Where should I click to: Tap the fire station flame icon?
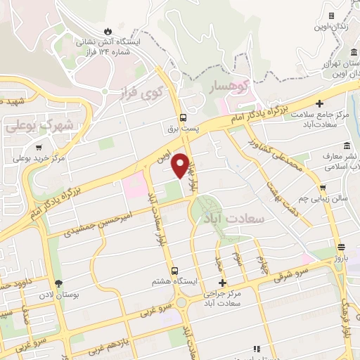pyautogui.click(x=107, y=31)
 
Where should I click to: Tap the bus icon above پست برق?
pyautogui.click(x=183, y=117)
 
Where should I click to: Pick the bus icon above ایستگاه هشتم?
pyautogui.click(x=174, y=270)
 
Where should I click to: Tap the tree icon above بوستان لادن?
pyautogui.click(x=67, y=283)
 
